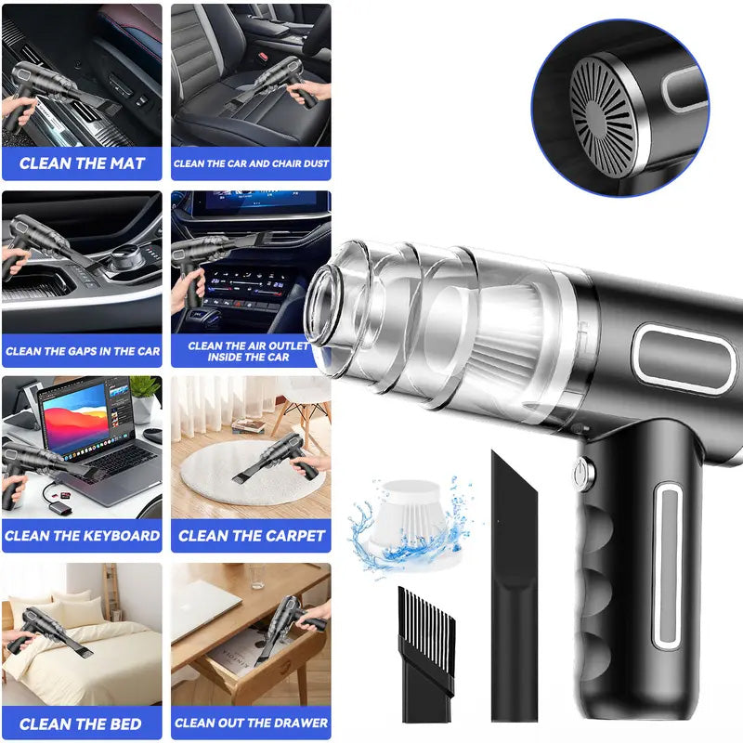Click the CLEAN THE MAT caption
(82, 163)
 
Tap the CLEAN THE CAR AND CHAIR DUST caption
(251, 163)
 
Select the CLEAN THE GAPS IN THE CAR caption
(82, 351)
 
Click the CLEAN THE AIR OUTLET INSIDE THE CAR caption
(251, 351)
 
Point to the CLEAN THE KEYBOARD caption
(82, 536)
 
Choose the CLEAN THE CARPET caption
(251, 536)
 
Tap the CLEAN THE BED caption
(82, 723)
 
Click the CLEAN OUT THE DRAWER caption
(251, 723)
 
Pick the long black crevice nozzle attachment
(514, 594)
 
